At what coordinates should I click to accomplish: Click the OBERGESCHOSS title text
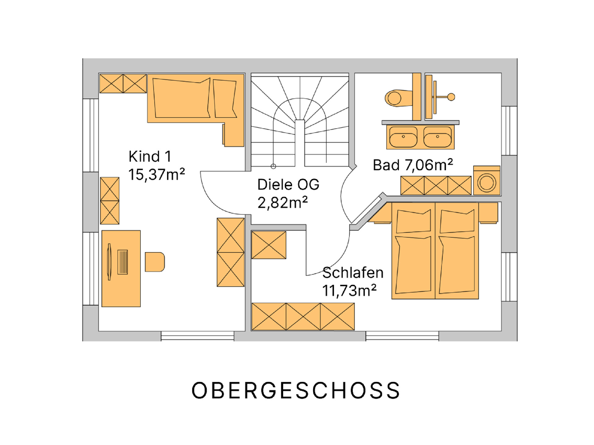coord(296,390)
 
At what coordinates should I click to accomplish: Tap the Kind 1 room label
coord(150,156)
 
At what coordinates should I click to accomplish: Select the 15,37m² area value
coord(157,174)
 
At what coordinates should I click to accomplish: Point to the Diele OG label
coord(288,185)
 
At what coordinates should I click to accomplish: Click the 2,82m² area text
coord(283,203)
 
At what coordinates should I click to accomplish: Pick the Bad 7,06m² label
coord(413,165)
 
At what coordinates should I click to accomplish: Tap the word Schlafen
coord(353,273)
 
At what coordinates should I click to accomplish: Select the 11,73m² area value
coord(350,290)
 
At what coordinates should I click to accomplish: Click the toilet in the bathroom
coord(398,98)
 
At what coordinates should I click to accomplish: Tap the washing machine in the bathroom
coord(487,181)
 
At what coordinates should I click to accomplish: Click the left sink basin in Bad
coord(403,137)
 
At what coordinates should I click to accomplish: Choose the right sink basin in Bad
coord(437,137)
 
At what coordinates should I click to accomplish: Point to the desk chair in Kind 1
coord(155,262)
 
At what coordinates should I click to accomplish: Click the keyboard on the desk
coord(123,262)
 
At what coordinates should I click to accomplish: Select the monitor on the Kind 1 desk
coord(109,262)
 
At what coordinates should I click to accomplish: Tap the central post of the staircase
coord(300,143)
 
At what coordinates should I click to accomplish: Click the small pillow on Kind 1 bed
coord(225,99)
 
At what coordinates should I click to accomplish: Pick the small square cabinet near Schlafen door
coord(269,245)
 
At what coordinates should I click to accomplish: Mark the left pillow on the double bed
coord(413,221)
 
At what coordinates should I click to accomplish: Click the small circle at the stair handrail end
coord(273,166)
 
